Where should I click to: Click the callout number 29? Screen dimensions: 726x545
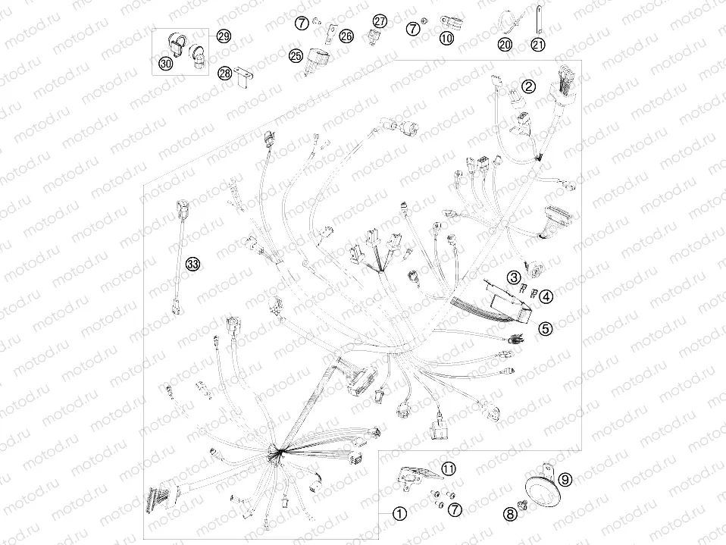click(224, 36)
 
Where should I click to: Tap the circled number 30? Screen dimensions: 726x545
click(166, 63)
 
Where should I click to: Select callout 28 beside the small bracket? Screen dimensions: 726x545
click(224, 73)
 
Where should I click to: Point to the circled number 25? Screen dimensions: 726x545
click(296, 56)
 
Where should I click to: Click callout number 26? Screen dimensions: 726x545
click(346, 36)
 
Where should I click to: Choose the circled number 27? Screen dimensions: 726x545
click(380, 20)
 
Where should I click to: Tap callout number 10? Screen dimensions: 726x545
click(446, 37)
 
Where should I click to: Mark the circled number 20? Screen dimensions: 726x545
click(505, 45)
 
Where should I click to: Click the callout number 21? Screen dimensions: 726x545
click(538, 45)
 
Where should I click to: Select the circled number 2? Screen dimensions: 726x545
click(529, 86)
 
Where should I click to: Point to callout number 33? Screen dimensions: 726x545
click(192, 265)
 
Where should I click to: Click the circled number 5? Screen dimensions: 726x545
click(546, 328)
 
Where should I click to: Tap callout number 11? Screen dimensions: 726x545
click(448, 469)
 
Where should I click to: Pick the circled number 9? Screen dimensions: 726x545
click(565, 480)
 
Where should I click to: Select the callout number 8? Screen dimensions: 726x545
click(510, 513)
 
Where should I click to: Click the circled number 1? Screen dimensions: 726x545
click(399, 513)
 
